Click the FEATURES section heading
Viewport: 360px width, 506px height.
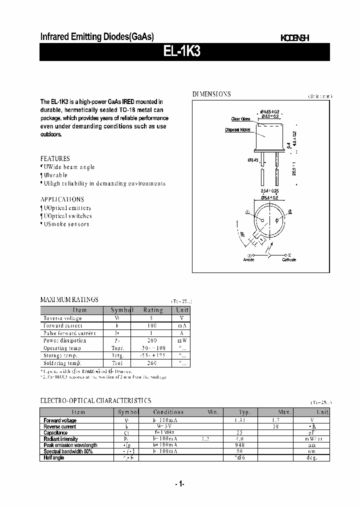(55, 158)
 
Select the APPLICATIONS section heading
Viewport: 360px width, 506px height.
(62, 199)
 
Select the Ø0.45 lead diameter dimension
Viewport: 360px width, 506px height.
(252, 160)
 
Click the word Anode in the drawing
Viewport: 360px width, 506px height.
(248, 259)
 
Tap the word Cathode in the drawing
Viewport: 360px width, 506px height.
(289, 259)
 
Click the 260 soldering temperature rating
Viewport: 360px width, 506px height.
(153, 362)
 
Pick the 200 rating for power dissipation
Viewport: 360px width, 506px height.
(153, 340)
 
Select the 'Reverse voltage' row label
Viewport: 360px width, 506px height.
(62, 318)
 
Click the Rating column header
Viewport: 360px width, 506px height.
(153, 310)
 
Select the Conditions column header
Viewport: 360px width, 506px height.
(168, 412)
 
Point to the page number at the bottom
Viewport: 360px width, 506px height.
(180, 484)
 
